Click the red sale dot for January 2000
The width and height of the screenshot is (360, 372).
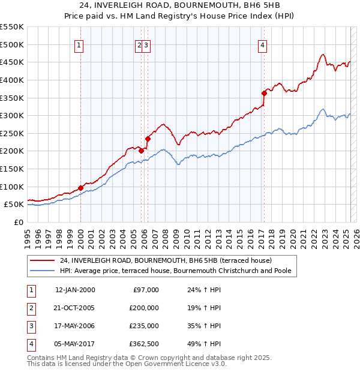pos(80,188)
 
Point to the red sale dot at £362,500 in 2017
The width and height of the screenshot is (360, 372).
pos(264,93)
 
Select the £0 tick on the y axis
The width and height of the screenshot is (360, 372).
pos(17,222)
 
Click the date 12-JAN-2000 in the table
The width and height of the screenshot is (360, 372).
pos(75,290)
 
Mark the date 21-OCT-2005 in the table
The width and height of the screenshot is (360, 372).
pos(75,308)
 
